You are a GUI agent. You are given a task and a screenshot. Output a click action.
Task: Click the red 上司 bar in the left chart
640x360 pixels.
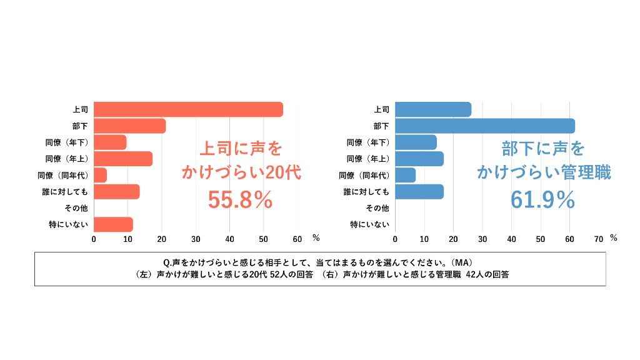click(x=188, y=109)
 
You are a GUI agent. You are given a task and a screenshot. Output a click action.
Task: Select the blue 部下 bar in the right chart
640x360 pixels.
click(x=485, y=126)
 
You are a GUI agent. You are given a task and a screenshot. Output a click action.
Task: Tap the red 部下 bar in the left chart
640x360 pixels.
click(x=130, y=126)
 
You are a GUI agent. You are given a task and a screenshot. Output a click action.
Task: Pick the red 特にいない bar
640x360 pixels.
click(x=114, y=224)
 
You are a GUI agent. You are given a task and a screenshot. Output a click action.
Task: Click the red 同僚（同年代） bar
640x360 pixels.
click(x=101, y=175)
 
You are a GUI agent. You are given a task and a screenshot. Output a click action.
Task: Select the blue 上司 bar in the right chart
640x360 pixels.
click(x=433, y=109)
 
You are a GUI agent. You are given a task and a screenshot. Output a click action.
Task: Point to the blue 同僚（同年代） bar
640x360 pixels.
click(x=405, y=175)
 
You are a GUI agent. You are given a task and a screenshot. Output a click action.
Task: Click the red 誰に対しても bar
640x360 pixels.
click(x=117, y=192)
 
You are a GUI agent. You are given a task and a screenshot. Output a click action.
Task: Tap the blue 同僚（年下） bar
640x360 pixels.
click(x=416, y=142)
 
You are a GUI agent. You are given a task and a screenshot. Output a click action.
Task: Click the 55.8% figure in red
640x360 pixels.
click(x=240, y=199)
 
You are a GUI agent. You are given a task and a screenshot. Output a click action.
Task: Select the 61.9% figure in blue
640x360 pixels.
click(x=542, y=199)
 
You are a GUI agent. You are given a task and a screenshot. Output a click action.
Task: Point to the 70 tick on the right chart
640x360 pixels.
click(x=599, y=239)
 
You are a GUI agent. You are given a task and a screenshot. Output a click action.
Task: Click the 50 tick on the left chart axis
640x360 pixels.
click(x=263, y=239)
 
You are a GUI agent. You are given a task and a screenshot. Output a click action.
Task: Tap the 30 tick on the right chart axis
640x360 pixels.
click(x=482, y=239)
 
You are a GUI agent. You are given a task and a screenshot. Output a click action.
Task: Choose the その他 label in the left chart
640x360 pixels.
click(x=76, y=208)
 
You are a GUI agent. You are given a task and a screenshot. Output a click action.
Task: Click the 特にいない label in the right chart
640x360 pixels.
click(x=370, y=224)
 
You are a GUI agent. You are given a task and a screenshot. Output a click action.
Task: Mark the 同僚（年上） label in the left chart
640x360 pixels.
click(x=67, y=159)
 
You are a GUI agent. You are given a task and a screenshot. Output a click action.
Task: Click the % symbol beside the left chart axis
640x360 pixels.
click(x=316, y=237)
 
